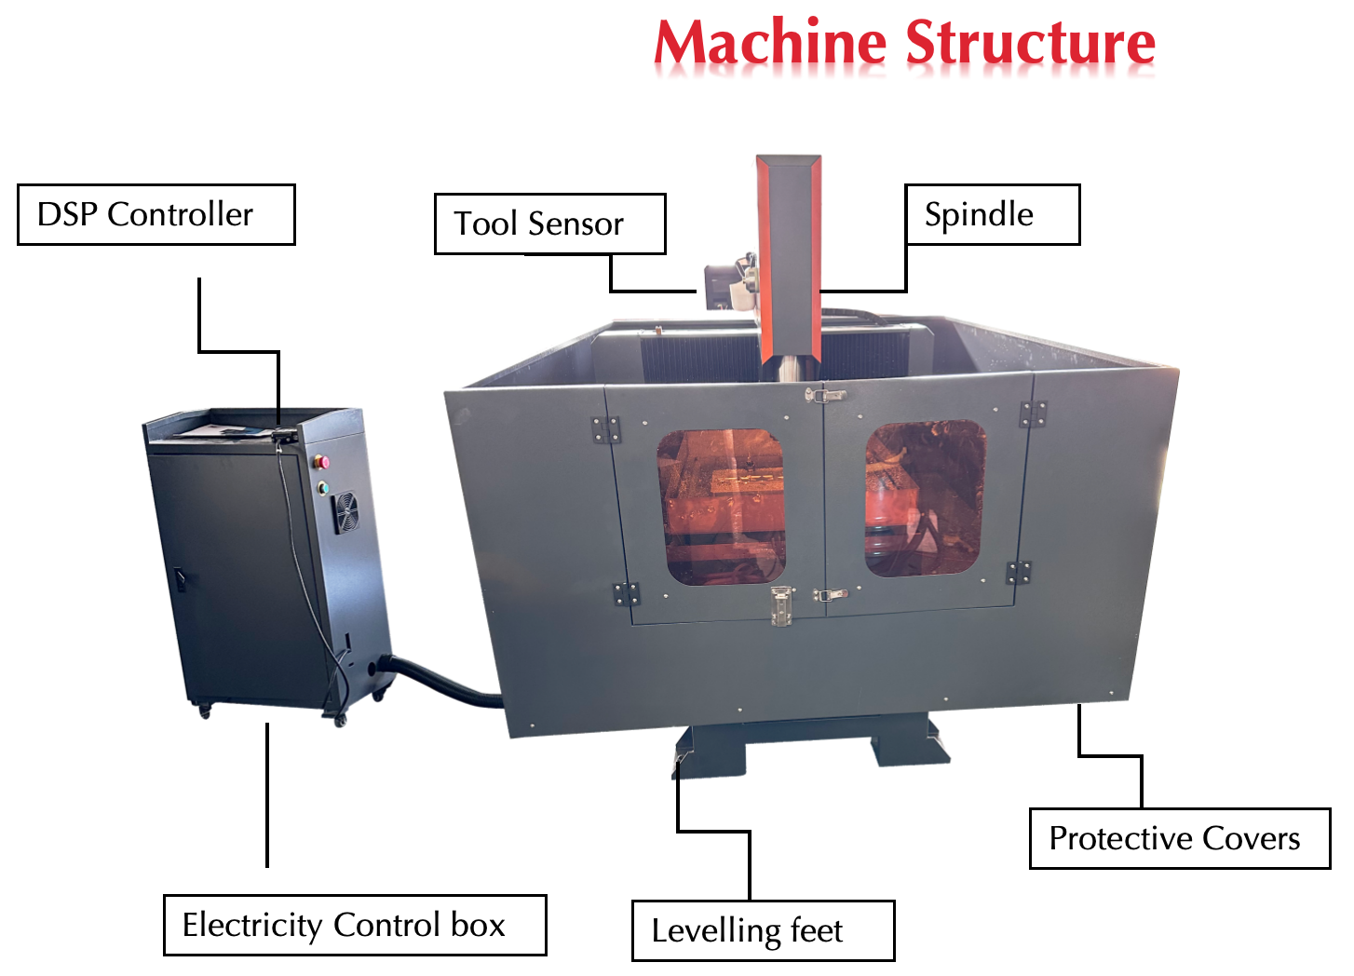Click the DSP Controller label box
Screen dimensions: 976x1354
[156, 215]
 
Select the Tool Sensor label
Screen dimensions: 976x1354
[549, 224]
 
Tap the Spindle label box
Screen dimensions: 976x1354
[993, 215]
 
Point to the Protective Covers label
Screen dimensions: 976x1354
[1179, 839]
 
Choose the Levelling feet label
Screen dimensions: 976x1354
[763, 931]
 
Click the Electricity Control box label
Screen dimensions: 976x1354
[355, 926]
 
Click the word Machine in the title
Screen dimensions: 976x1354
[770, 44]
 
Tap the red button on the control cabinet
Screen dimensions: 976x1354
[323, 462]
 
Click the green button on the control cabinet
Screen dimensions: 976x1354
[323, 486]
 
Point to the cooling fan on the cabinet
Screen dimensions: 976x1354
[346, 512]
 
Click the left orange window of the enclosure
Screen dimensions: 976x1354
[721, 507]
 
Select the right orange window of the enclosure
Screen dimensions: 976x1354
[924, 498]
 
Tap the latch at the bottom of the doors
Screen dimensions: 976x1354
[781, 606]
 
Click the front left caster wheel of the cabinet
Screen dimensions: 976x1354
[204, 712]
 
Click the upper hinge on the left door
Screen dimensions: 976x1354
[606, 429]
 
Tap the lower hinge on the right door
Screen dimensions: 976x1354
[1019, 573]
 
